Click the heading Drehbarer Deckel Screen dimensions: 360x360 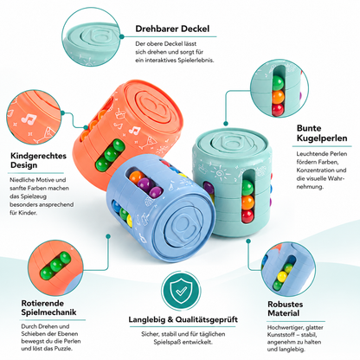172,29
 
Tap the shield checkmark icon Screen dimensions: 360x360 181,291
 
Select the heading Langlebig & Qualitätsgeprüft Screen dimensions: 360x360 183,319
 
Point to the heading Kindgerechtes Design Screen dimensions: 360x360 38,160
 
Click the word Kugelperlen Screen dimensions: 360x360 322,138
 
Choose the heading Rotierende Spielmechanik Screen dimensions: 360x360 48,308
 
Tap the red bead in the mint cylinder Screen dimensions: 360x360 247,215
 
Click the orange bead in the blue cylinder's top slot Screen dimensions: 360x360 136,177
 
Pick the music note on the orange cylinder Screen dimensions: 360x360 134,131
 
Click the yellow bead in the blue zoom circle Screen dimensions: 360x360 282,277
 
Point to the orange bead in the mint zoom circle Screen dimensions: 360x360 278,97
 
